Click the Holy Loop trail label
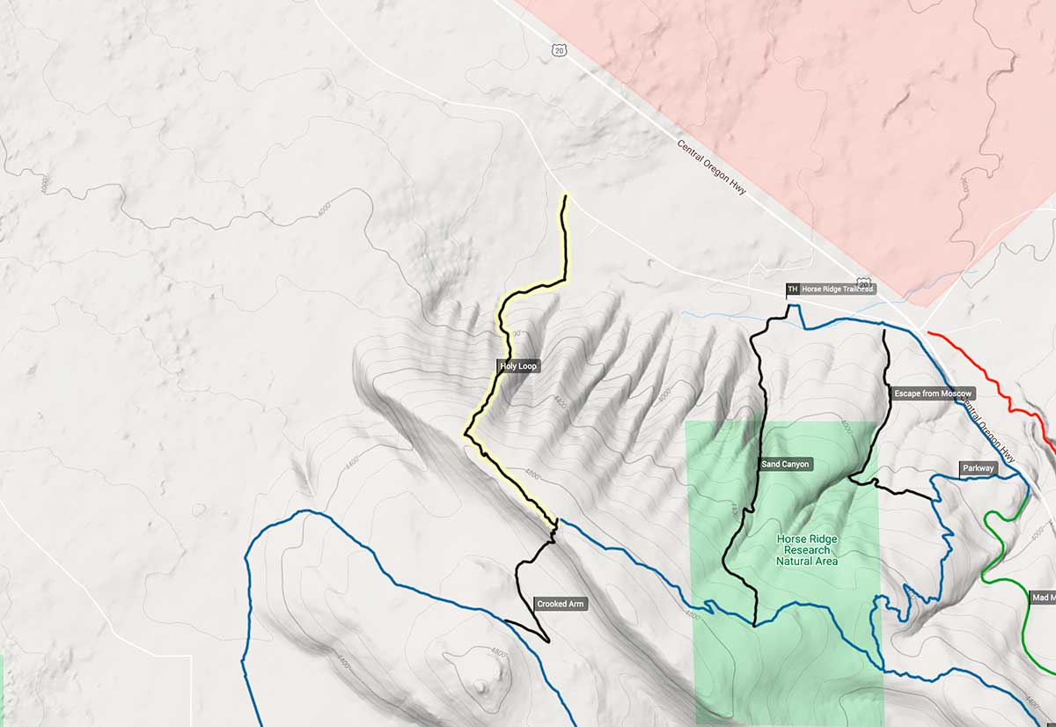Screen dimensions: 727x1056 (517, 365)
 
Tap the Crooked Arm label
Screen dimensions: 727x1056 (560, 605)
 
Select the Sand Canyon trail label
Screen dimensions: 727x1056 (784, 464)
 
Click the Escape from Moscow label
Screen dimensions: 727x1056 (932, 393)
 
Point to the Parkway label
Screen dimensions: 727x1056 (978, 469)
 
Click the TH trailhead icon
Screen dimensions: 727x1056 (792, 289)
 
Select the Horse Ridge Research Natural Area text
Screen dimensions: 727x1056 (807, 550)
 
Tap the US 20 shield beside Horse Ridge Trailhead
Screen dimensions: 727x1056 (865, 284)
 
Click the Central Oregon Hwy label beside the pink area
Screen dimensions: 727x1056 (712, 166)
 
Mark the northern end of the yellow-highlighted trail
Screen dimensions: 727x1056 (565, 197)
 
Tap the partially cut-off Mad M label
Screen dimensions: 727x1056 (1043, 598)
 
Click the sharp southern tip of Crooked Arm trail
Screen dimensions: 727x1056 (548, 641)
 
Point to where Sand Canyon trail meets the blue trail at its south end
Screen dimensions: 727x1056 (755, 625)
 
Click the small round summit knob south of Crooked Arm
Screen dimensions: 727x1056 (480, 686)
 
